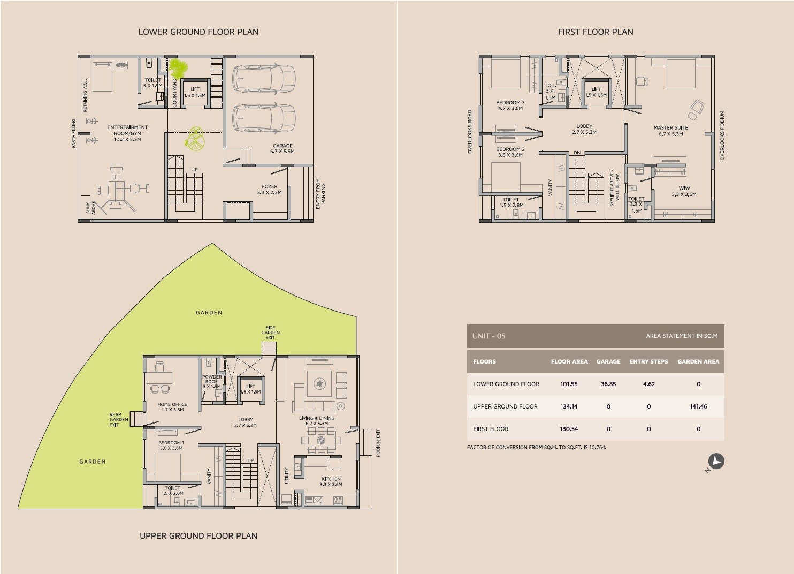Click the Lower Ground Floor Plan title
198,32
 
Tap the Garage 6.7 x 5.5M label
282,148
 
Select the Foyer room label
269,190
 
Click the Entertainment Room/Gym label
127,133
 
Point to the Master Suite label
670,131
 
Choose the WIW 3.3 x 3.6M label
684,191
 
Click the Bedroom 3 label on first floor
510,105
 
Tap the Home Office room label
172,407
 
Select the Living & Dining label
317,421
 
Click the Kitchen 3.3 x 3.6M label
331,481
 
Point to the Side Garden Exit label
271,333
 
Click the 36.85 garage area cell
608,384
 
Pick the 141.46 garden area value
698,406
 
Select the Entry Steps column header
648,361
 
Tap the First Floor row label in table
491,429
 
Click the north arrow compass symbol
716,462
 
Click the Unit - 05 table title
488,336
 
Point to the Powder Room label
212,381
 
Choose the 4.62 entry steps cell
648,384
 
